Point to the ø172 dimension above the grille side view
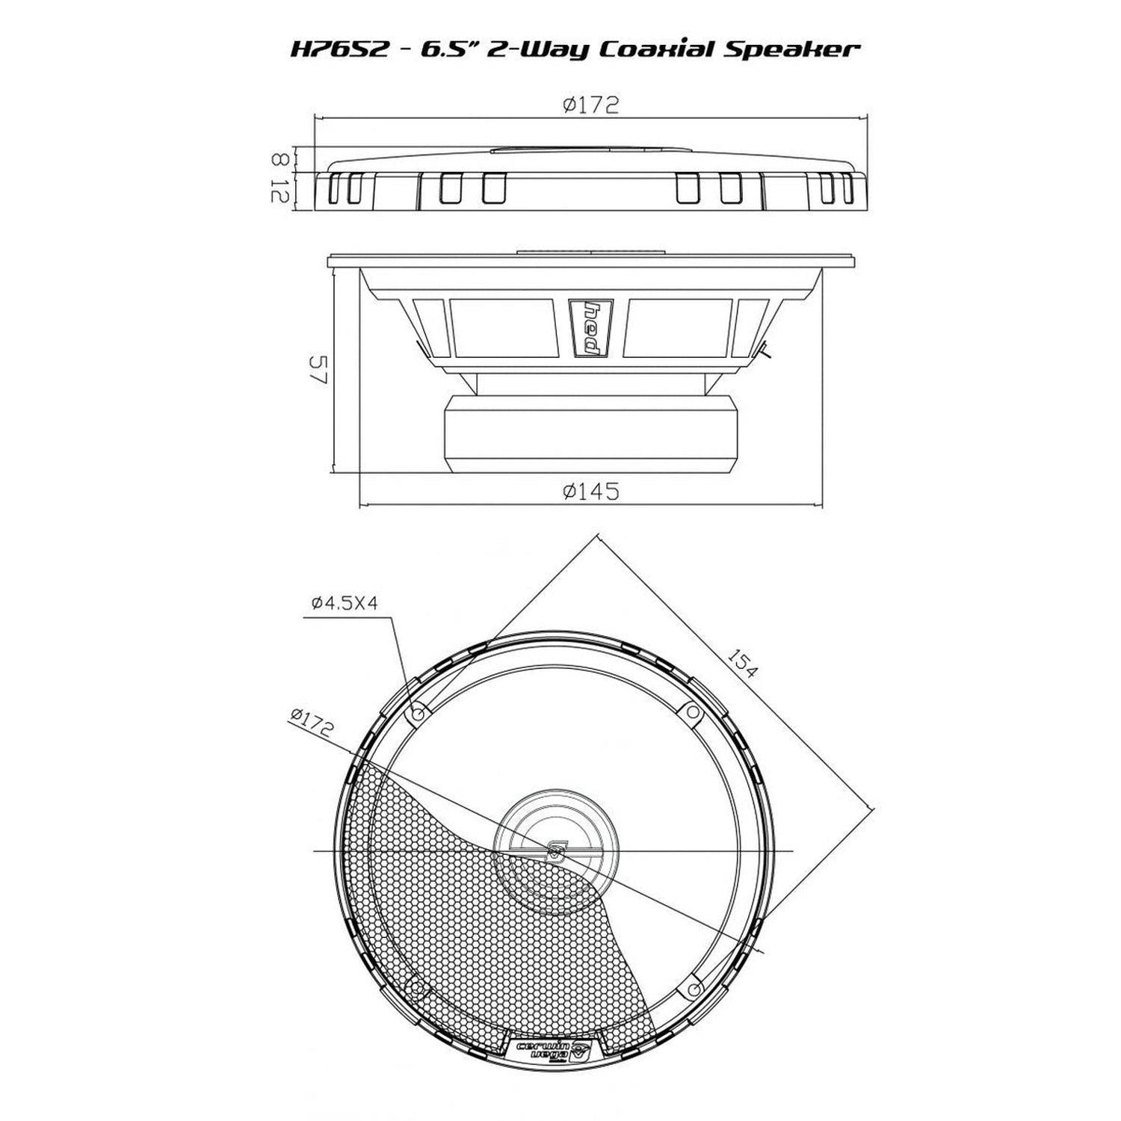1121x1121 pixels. pos(591,105)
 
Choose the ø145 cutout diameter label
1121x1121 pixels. pos(591,491)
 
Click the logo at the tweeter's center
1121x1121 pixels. pos(557,850)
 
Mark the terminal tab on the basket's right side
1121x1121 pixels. pos(763,350)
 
